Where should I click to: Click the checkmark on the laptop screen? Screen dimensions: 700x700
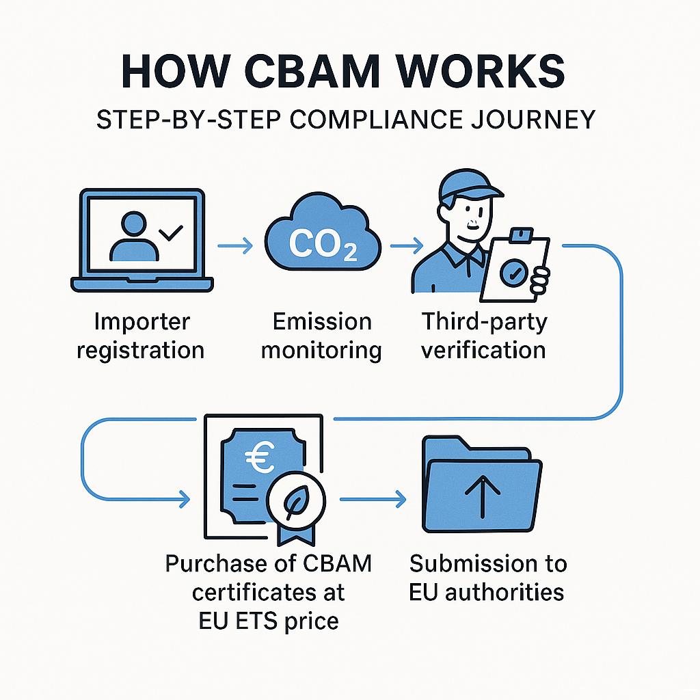coord(170,233)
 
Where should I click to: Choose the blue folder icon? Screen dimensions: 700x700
coord(481,487)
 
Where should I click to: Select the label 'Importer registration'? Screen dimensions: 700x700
coord(142,336)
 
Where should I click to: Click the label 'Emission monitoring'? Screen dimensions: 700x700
coord(322,336)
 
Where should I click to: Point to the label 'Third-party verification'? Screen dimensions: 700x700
coord(483,336)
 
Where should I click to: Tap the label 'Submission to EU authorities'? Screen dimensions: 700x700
coord(487,578)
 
